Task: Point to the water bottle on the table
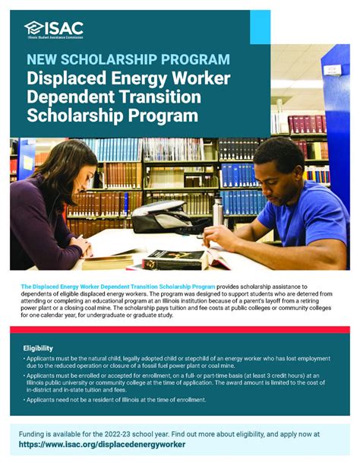coord(218,211)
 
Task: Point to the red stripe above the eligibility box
coord(180,330)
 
